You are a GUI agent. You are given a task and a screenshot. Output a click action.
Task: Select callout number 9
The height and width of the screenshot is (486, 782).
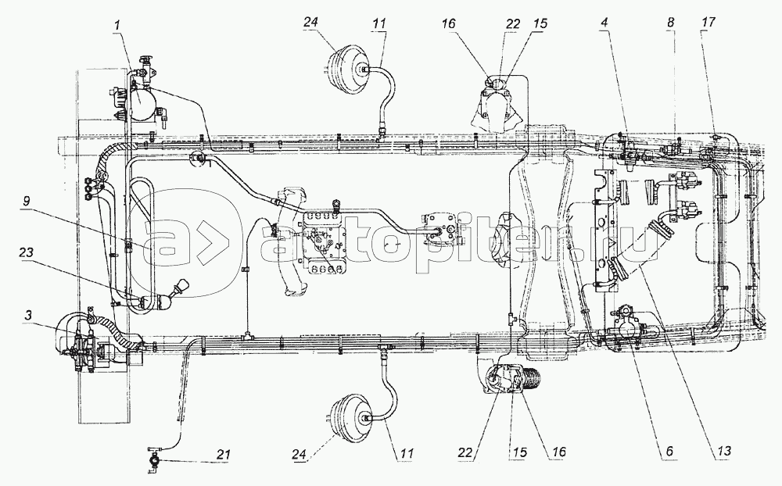pyautogui.click(x=26, y=201)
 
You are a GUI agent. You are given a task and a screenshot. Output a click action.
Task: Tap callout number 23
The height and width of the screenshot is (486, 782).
pyautogui.click(x=26, y=252)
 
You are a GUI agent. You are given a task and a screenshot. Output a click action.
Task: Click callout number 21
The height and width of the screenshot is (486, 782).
pyautogui.click(x=224, y=454)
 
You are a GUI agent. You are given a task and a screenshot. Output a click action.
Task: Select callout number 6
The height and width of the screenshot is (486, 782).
pyautogui.click(x=669, y=451)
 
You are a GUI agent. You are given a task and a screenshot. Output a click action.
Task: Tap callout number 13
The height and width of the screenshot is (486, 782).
pyautogui.click(x=723, y=451)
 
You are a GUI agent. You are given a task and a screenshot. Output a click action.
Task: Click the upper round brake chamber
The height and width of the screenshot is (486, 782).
pyautogui.click(x=349, y=65)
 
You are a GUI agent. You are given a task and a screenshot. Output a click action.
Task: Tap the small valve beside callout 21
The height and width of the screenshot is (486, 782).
pyautogui.click(x=154, y=456)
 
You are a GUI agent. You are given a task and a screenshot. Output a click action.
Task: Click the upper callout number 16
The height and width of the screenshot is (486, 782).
pyautogui.click(x=448, y=23)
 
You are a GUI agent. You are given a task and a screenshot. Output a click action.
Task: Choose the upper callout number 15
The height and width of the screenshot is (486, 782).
pyautogui.click(x=540, y=23)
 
